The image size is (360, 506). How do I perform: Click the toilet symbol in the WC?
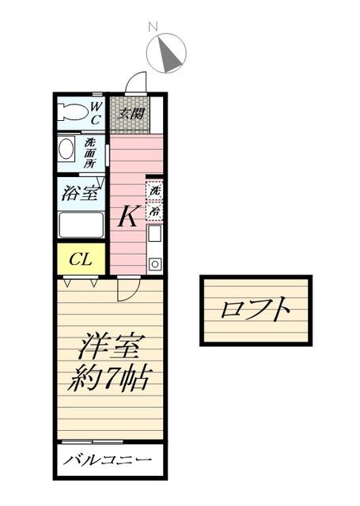click(73, 112)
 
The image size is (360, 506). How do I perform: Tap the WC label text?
click(96, 113)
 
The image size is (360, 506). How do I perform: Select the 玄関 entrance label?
click(131, 113)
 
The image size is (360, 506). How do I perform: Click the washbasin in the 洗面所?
click(66, 149)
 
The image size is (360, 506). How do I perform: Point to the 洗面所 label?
click(89, 153)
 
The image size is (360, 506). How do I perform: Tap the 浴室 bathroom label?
click(80, 193)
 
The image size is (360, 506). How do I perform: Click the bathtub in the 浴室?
click(81, 225)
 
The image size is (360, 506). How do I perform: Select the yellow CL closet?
click(81, 259)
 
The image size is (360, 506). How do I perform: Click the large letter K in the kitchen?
click(128, 216)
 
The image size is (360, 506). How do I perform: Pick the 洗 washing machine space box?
click(154, 191)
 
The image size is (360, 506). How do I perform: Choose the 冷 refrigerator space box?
click(154, 211)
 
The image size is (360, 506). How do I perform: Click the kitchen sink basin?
click(154, 233)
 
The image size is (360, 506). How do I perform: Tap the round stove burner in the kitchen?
click(154, 264)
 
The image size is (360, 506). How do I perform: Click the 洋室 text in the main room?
click(109, 347)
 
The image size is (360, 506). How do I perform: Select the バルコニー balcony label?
click(107, 459)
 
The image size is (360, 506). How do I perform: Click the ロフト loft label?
click(256, 309)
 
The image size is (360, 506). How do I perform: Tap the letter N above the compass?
click(153, 27)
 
